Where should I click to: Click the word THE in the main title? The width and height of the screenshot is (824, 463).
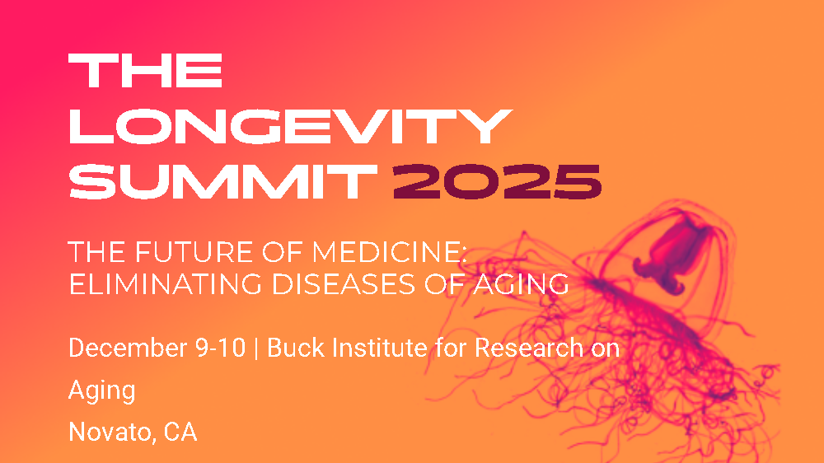pyautogui.click(x=145, y=72)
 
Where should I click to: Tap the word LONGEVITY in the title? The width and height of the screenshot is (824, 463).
pyautogui.click(x=287, y=126)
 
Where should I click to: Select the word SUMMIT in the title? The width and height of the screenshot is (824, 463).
pyautogui.click(x=219, y=180)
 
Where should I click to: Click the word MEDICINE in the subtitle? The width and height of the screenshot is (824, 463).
pyautogui.click(x=367, y=252)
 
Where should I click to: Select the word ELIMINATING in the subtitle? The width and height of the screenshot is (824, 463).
pyautogui.click(x=159, y=283)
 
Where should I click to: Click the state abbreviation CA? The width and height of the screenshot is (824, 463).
pyautogui.click(x=180, y=433)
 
